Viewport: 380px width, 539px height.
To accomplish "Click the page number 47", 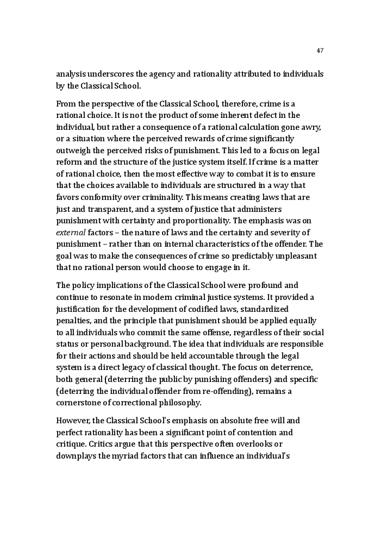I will pyautogui.click(x=320, y=51).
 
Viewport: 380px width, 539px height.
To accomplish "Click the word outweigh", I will pyautogui.click(x=73, y=151).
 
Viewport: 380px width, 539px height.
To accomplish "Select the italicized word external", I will pyautogui.click(x=71, y=233).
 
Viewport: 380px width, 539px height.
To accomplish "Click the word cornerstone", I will pyautogui.click(x=80, y=403).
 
